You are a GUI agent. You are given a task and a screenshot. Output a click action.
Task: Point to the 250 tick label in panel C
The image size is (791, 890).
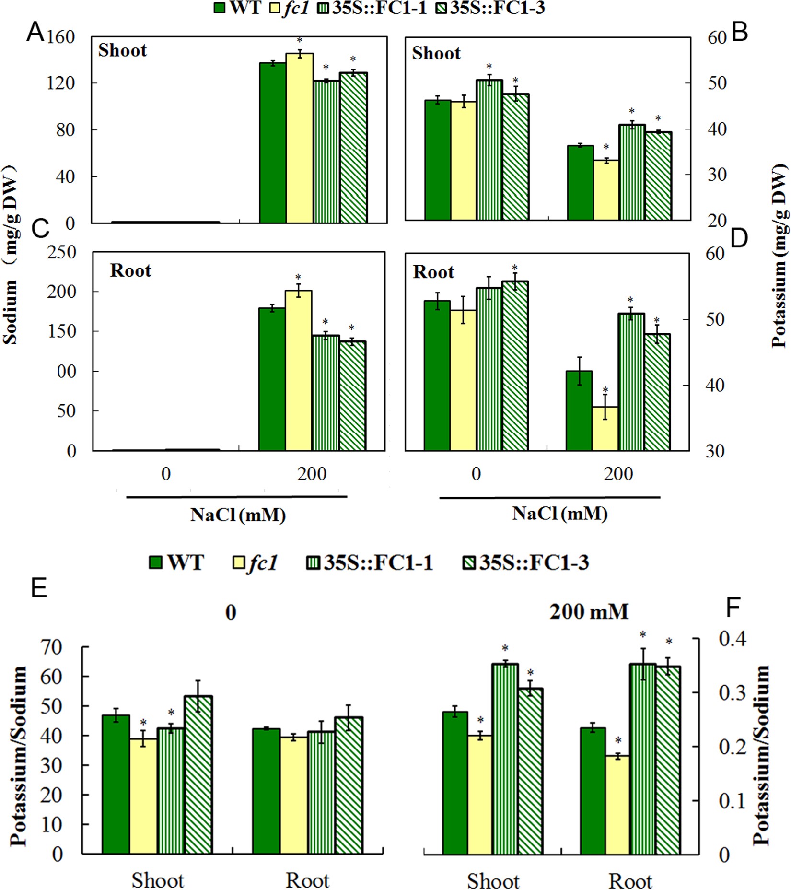pyautogui.click(x=61, y=252)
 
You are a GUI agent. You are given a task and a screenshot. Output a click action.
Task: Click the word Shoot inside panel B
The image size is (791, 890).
pyautogui.click(x=436, y=53)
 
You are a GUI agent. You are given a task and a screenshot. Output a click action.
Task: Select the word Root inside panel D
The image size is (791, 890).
pyautogui.click(x=433, y=272)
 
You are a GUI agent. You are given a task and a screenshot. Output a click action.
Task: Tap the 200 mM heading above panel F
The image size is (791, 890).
pyautogui.click(x=588, y=612)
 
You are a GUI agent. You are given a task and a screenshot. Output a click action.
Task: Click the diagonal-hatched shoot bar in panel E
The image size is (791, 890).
pyautogui.click(x=198, y=775)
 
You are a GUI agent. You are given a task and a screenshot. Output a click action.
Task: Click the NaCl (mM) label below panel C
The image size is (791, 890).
pyautogui.click(x=238, y=515)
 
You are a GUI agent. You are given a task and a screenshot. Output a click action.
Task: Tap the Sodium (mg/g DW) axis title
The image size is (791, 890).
pyautogui.click(x=11, y=254)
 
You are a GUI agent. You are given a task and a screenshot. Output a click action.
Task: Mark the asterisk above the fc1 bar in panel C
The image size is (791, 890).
pyautogui.click(x=298, y=278)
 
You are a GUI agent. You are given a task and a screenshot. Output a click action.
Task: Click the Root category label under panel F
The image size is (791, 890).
pyautogui.click(x=630, y=881)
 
